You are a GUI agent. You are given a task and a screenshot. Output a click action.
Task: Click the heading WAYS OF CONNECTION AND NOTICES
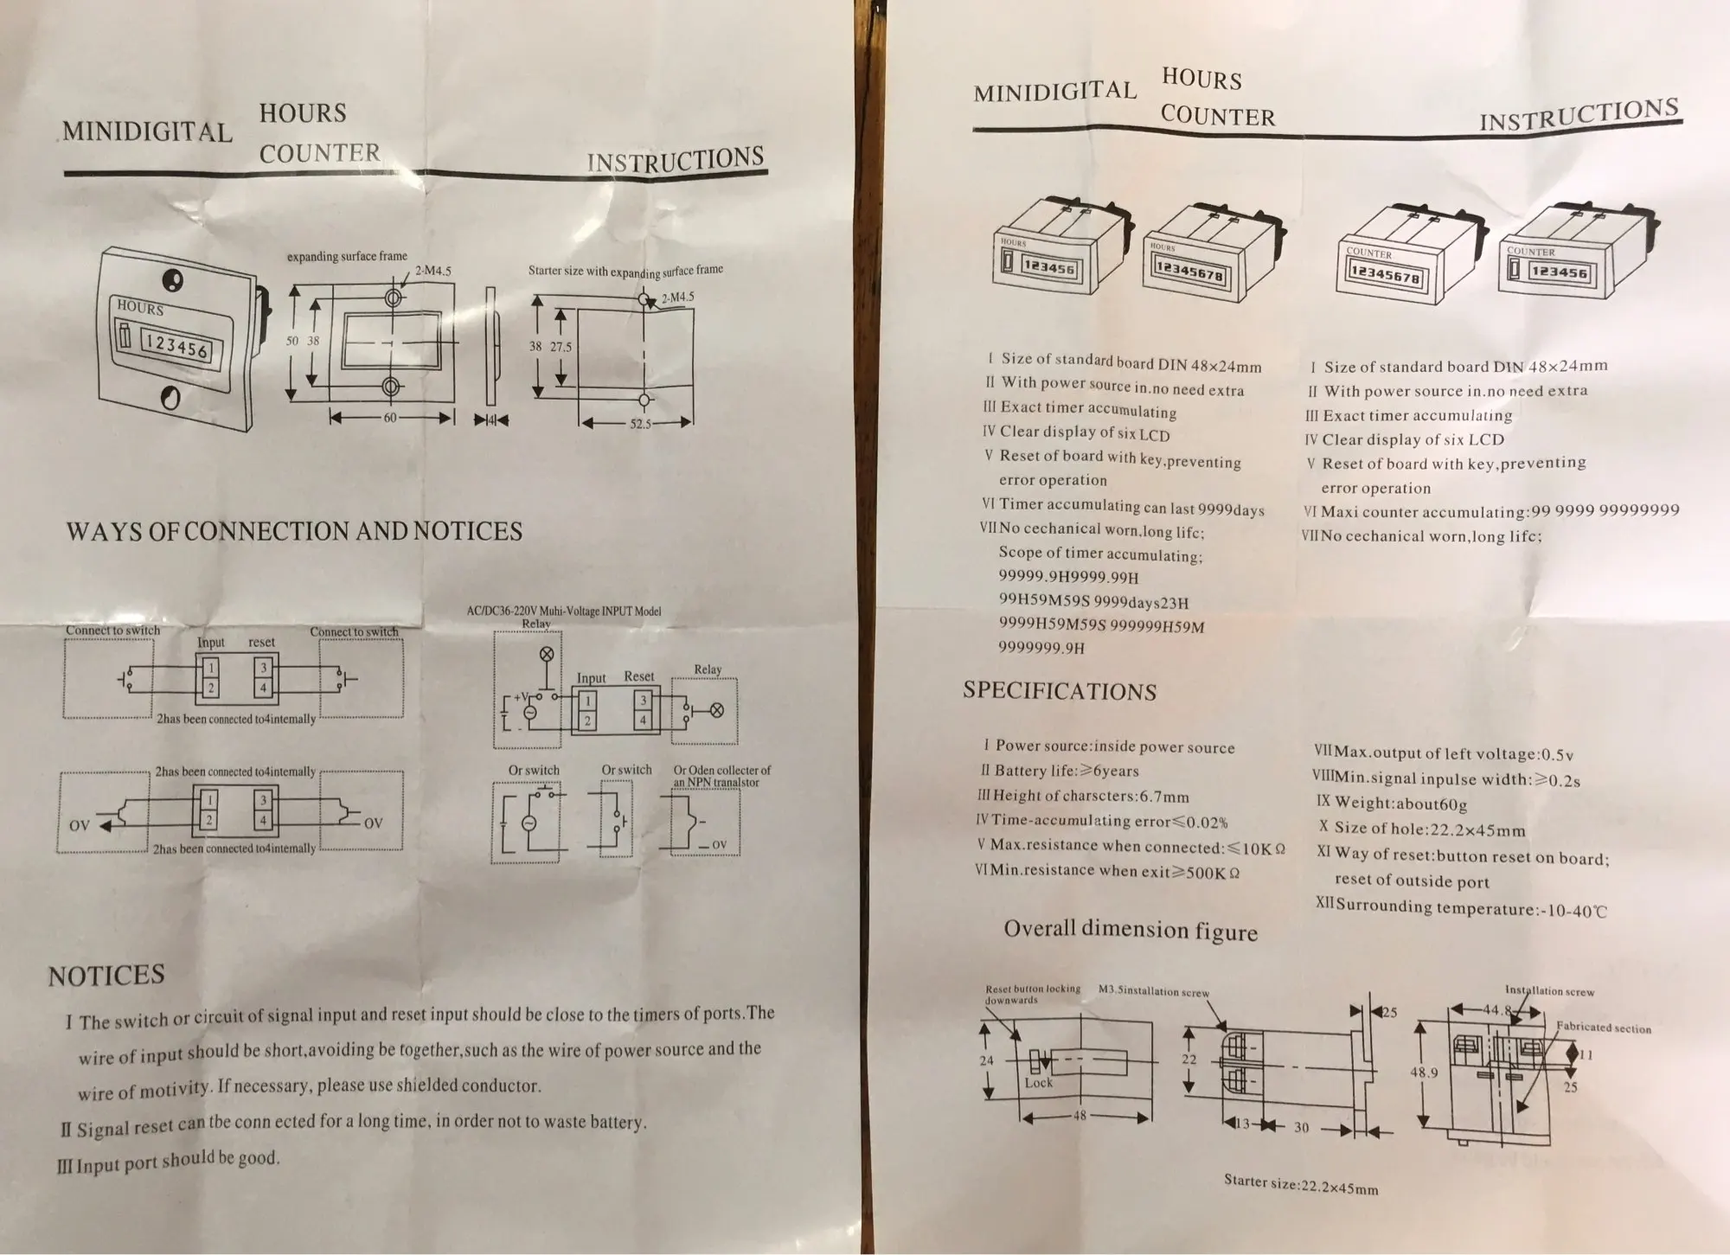click(x=294, y=531)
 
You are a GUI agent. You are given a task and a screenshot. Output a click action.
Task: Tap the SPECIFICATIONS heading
click(x=1059, y=691)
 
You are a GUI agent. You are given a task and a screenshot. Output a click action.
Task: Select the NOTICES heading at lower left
click(x=106, y=976)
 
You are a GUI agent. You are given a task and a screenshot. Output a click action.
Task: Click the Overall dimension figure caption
click(x=1130, y=930)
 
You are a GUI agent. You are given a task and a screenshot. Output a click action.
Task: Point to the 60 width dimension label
click(x=390, y=418)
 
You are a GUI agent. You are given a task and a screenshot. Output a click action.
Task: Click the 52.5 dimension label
click(x=639, y=424)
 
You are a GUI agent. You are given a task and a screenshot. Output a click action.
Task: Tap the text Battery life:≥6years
click(x=1066, y=771)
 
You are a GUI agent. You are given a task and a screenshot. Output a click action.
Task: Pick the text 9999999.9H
click(x=1041, y=647)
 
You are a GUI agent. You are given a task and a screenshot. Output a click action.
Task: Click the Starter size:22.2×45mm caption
click(x=1300, y=1183)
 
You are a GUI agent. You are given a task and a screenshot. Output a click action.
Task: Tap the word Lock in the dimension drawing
click(x=1039, y=1083)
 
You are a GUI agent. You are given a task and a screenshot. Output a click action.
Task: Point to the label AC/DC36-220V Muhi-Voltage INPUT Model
click(x=563, y=611)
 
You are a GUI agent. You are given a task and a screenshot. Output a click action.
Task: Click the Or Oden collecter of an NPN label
click(x=721, y=776)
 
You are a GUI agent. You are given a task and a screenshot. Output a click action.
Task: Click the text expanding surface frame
click(x=347, y=257)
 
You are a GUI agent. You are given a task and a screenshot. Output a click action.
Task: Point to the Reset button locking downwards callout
click(x=1032, y=994)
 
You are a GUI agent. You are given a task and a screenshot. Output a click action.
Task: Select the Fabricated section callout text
click(x=1603, y=1028)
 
